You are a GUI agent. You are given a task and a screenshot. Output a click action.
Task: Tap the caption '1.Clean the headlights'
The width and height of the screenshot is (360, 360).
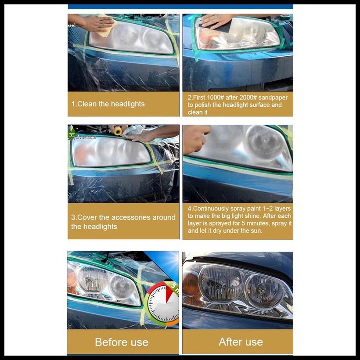(x=108, y=104)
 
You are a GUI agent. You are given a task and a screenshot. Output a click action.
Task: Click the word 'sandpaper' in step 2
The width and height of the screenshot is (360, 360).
(x=272, y=97)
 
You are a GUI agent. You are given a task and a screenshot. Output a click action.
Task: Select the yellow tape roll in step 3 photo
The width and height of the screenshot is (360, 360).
(x=118, y=130)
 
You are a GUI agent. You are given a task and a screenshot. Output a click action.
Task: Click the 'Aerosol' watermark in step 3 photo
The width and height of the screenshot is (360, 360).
(x=86, y=137)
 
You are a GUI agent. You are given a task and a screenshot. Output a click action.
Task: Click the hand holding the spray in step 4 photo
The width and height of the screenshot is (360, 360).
(x=195, y=139)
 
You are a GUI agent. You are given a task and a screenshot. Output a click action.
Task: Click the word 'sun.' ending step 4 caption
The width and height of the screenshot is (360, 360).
(x=256, y=231)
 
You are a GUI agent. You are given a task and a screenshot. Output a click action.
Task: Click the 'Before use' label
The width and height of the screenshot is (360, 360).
(x=122, y=342)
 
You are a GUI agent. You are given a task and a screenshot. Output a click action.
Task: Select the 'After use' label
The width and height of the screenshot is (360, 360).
(x=241, y=342)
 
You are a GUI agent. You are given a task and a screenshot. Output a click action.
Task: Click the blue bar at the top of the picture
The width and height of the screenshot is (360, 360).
(x=180, y=7)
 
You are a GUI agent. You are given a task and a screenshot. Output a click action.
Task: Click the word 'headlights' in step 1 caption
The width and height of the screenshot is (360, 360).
(x=127, y=104)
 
